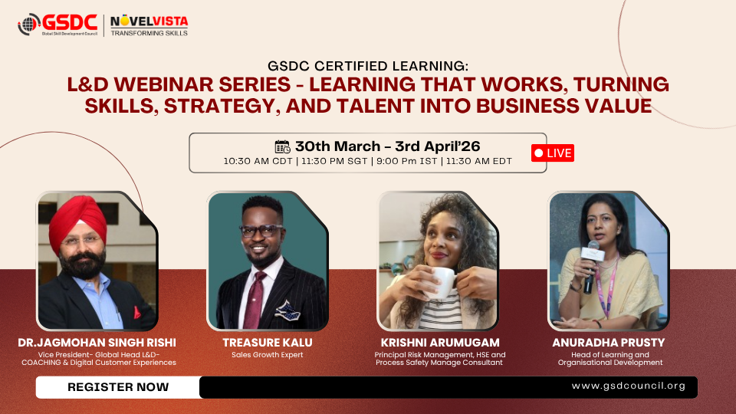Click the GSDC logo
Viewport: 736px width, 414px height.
tap(58, 25)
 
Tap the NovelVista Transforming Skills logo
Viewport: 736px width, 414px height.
tap(149, 25)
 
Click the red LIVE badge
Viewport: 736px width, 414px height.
tap(553, 153)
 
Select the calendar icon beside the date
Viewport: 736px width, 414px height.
tap(283, 146)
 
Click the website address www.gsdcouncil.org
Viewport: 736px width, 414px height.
tap(629, 386)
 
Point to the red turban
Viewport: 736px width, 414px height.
tap(77, 222)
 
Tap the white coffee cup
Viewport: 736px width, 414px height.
tap(442, 282)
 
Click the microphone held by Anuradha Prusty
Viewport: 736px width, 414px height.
tap(591, 266)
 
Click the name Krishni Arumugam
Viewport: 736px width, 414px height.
tap(440, 343)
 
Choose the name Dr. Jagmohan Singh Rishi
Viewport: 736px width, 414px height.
tap(97, 343)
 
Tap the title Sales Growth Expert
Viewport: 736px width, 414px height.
tap(267, 355)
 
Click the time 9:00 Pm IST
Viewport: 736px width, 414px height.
tap(406, 161)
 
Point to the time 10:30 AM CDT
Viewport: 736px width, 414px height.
tap(258, 161)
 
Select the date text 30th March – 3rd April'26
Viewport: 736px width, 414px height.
tap(388, 146)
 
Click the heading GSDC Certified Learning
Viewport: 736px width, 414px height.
tap(368, 66)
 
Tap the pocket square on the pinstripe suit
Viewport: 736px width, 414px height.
tap(287, 310)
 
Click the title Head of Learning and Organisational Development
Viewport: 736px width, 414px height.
tap(609, 359)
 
